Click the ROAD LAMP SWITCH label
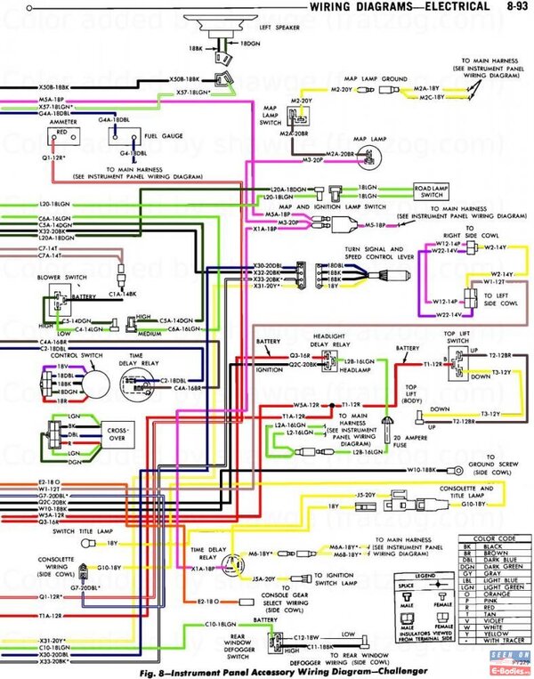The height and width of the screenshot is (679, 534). (433, 192)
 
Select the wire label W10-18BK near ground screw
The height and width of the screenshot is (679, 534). (425, 468)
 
